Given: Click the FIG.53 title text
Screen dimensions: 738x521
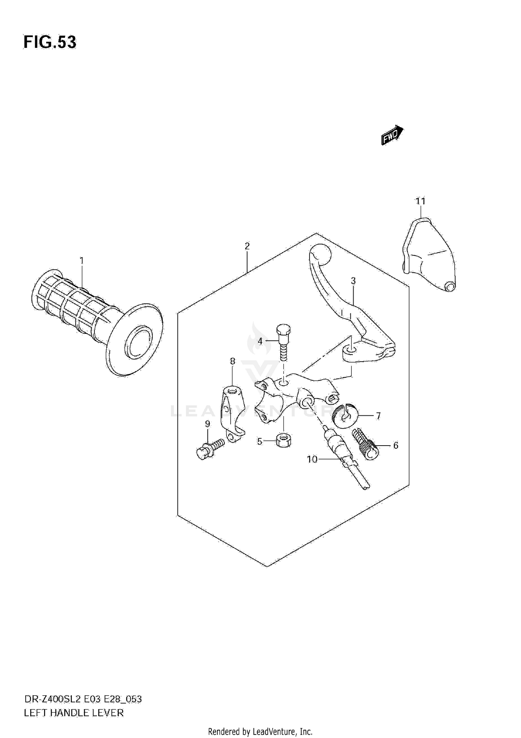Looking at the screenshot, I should pyautogui.click(x=50, y=42).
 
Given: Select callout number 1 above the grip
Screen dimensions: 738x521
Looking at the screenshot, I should pyautogui.click(x=82, y=260).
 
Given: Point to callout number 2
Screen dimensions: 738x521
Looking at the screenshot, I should pyautogui.click(x=247, y=246).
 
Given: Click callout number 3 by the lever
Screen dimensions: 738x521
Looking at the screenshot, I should pyautogui.click(x=353, y=281).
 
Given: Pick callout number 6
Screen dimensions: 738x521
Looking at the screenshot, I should pyautogui.click(x=396, y=445).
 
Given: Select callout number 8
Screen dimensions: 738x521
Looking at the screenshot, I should pyautogui.click(x=232, y=362).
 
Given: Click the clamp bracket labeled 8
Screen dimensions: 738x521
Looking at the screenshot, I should pyautogui.click(x=231, y=413).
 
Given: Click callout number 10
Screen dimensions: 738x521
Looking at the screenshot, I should pyautogui.click(x=312, y=459).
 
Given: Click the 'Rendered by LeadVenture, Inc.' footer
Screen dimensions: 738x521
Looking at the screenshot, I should pyautogui.click(x=260, y=731).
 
